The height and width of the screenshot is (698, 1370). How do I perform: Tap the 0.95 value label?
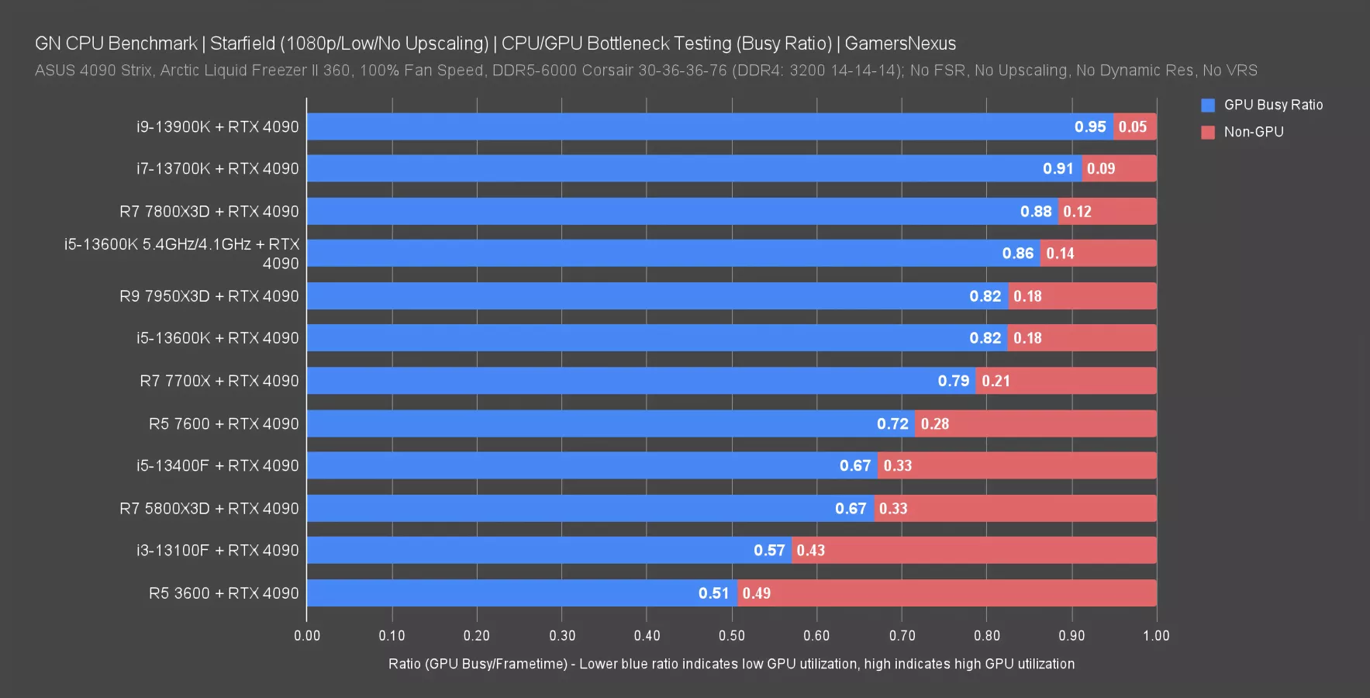click(1090, 126)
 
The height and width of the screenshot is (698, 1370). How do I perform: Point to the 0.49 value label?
click(756, 593)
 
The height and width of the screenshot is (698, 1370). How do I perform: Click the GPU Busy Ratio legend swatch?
click(1207, 105)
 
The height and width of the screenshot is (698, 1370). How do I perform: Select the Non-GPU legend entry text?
click(1253, 132)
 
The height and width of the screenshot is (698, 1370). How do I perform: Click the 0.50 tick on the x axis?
click(731, 636)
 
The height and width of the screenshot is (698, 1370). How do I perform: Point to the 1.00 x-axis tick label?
click(1156, 636)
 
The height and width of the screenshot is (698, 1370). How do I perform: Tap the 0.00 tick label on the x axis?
click(307, 636)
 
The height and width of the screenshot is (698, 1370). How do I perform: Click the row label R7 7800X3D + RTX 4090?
click(209, 212)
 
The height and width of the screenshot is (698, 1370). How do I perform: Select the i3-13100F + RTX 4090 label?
click(217, 551)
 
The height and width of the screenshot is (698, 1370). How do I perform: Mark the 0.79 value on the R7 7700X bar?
click(953, 381)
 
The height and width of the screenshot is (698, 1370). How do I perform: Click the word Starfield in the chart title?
click(242, 43)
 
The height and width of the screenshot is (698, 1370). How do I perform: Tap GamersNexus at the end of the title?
click(900, 43)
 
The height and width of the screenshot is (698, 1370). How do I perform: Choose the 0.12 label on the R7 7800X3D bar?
click(1077, 212)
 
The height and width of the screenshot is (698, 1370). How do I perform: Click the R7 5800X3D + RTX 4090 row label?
click(209, 509)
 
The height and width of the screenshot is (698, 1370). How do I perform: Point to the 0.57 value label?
click(769, 551)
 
